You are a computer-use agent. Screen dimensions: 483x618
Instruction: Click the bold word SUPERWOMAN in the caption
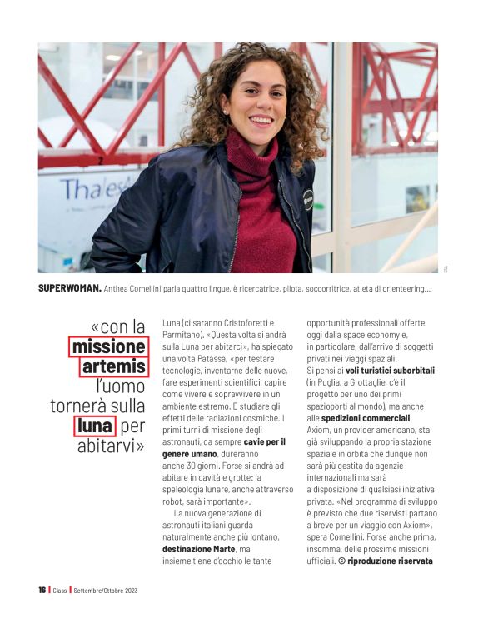tap(70, 289)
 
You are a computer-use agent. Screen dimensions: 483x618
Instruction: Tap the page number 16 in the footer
tap(42, 590)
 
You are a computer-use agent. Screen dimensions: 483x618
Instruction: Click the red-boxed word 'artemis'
tap(115, 366)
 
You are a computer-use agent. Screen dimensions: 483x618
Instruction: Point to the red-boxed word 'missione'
tap(108, 346)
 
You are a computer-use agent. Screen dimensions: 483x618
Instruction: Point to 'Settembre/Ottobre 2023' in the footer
tap(106, 590)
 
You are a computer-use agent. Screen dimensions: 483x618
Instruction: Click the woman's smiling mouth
tap(260, 120)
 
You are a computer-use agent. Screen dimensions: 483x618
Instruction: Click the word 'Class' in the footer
tap(59, 590)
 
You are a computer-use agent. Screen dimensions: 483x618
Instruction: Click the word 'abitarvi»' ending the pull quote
tap(111, 446)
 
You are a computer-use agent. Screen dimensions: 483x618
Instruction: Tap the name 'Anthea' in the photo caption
tap(119, 289)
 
